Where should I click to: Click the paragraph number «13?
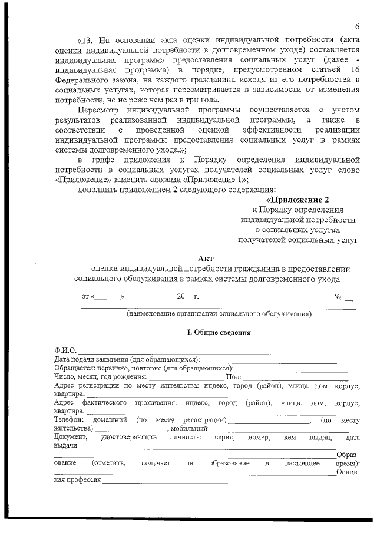pos(86,41)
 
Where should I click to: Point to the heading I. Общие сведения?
pos(219,332)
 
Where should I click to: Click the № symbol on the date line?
pos(338,296)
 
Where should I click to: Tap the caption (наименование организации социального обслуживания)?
pos(219,314)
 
